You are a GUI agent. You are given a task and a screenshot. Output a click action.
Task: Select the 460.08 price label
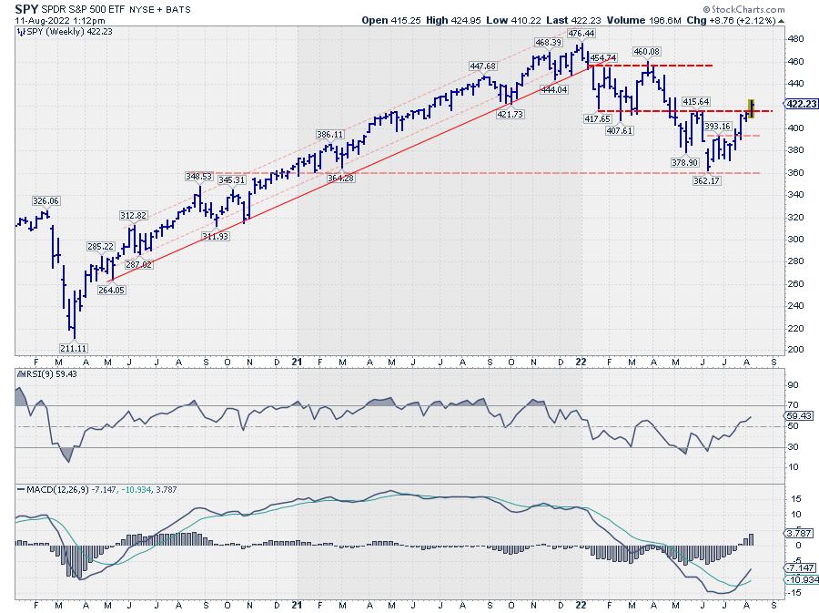pos(646,51)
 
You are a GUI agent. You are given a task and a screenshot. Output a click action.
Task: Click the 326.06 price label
pos(45,200)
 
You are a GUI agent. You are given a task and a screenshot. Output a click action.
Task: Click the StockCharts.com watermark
pos(774,8)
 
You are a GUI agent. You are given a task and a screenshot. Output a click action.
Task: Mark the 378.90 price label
pos(686,162)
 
